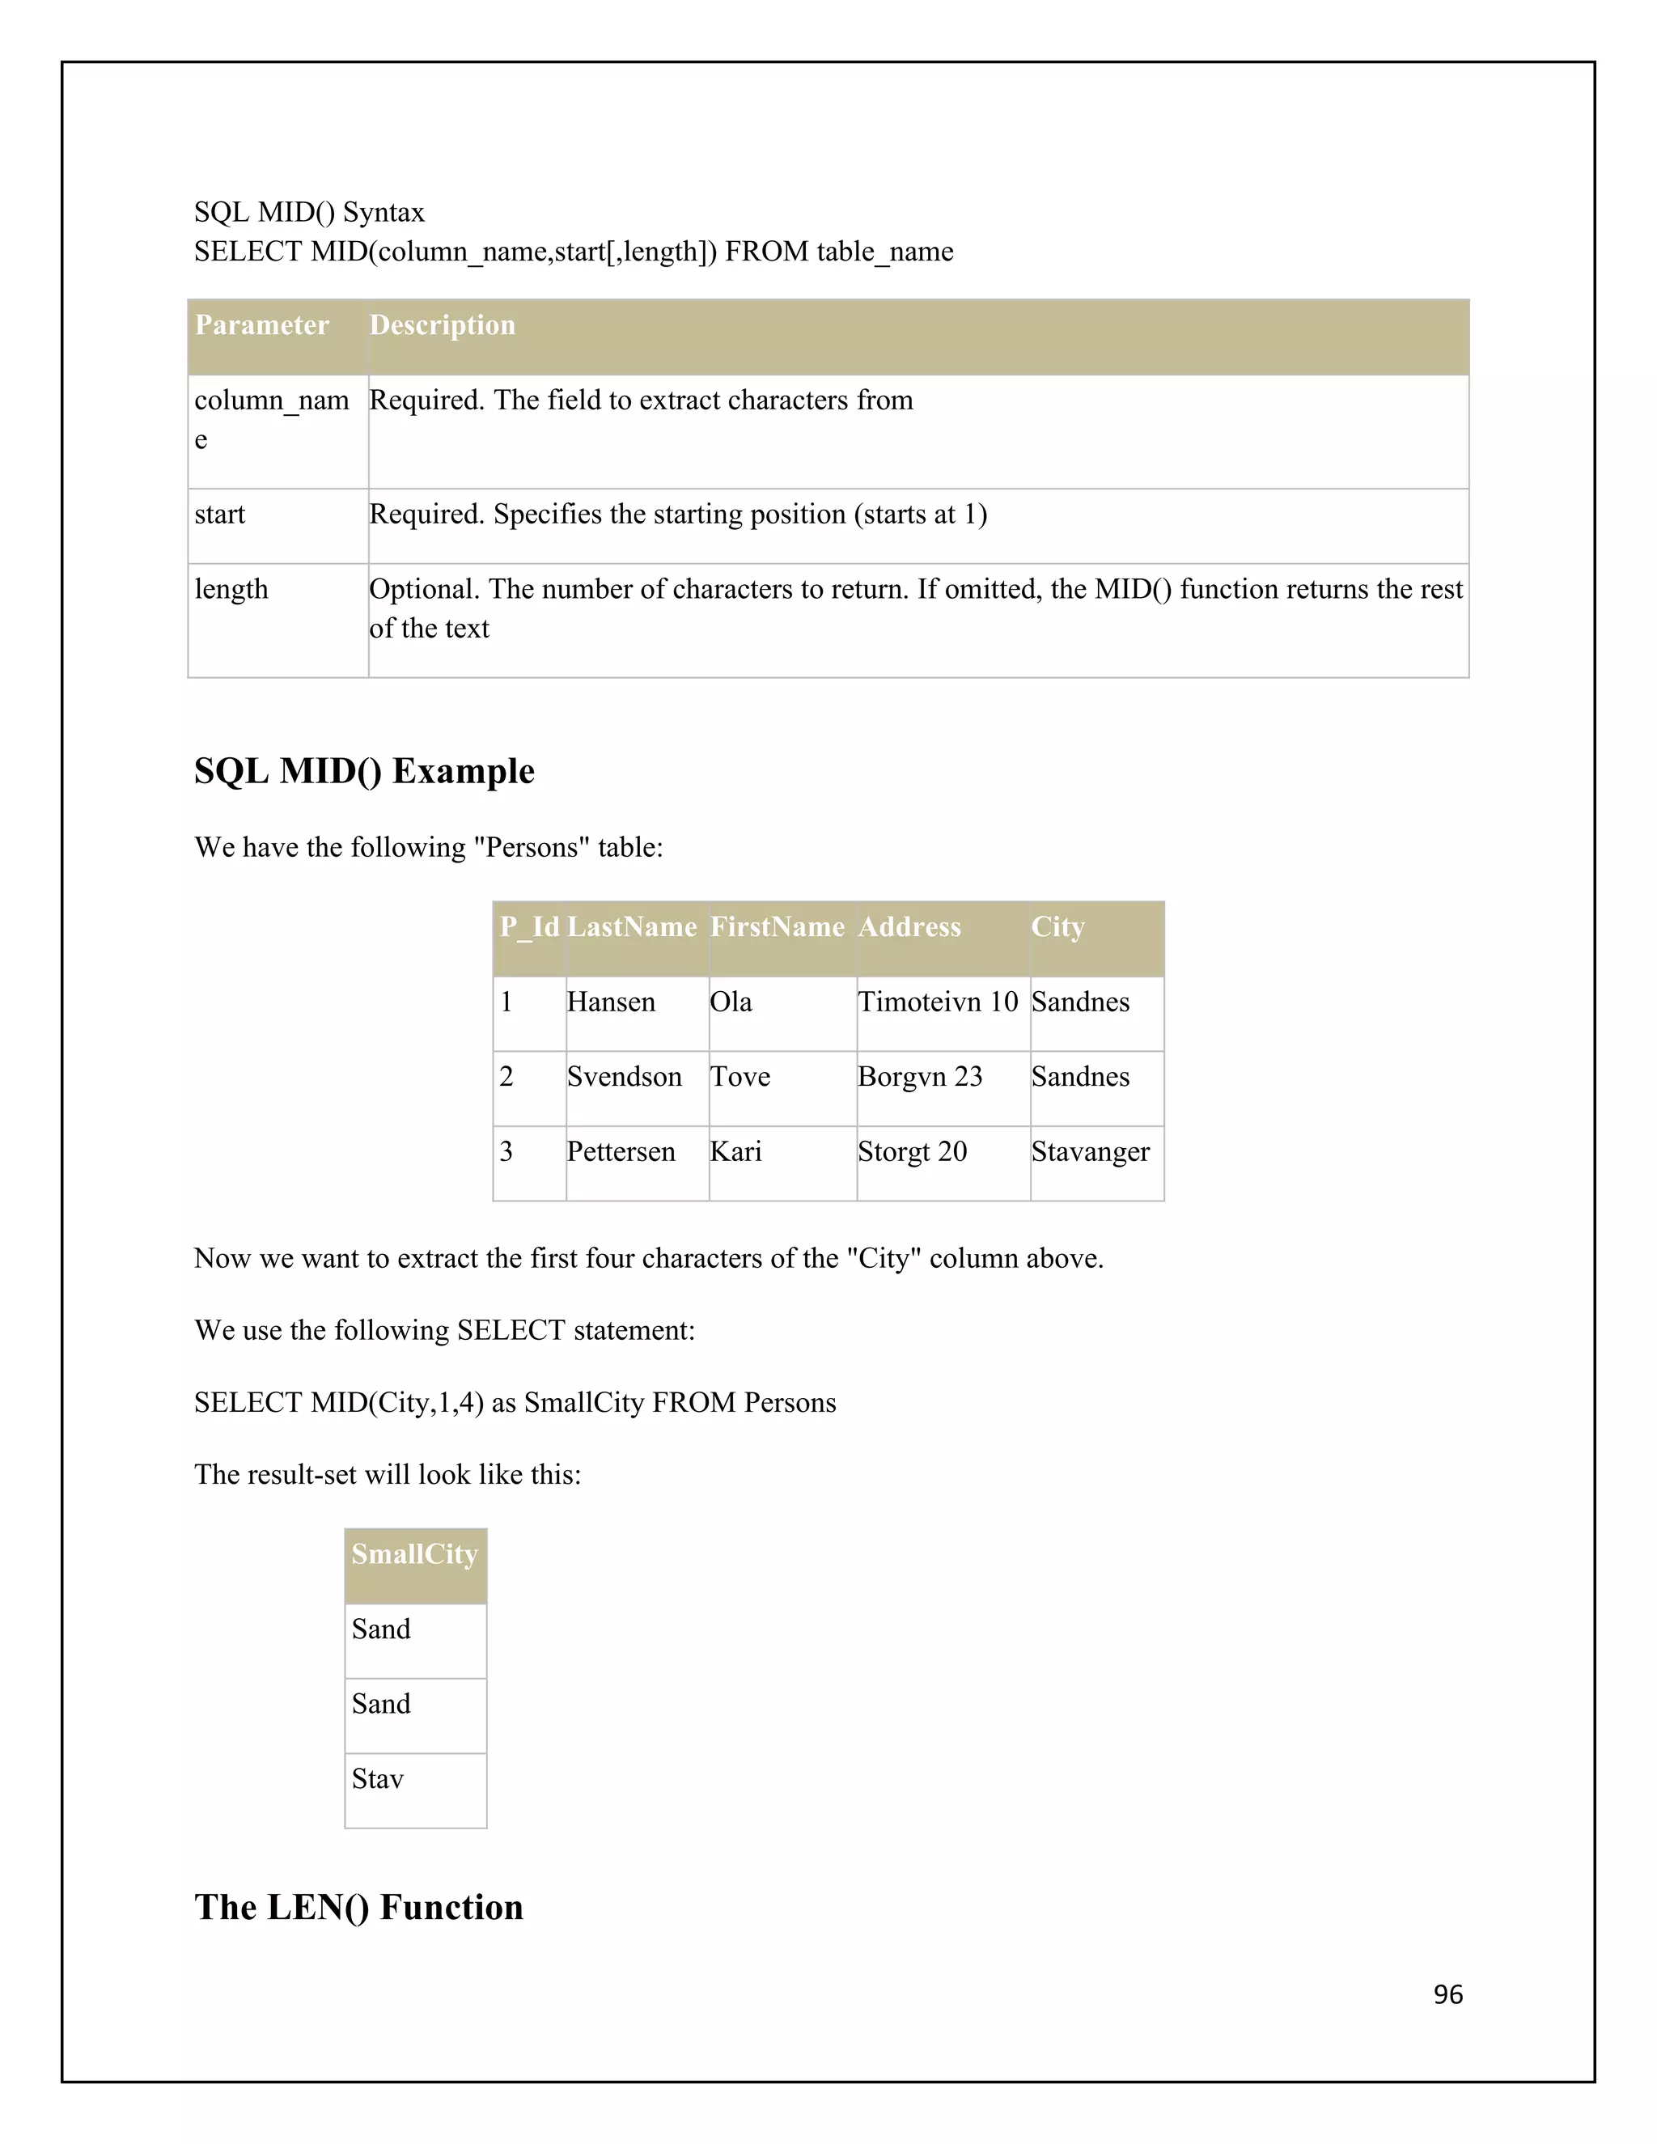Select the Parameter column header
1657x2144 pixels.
262,325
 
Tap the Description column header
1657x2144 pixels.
442,325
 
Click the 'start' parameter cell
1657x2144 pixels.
220,515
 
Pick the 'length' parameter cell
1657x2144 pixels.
231,589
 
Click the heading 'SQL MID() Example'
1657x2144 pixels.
364,772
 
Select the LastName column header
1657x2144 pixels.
632,926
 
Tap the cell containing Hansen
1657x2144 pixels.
611,1002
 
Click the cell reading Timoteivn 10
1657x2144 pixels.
938,1002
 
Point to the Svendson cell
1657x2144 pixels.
625,1077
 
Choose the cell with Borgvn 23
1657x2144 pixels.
920,1077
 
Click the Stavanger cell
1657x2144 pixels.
1090,1151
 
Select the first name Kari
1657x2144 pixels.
736,1151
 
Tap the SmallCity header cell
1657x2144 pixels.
415,1554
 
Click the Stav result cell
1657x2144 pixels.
378,1779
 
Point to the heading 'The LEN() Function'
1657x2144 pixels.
359,1908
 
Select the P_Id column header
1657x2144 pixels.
529,926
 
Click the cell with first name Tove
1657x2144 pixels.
740,1077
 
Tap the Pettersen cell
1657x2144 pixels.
621,1151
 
